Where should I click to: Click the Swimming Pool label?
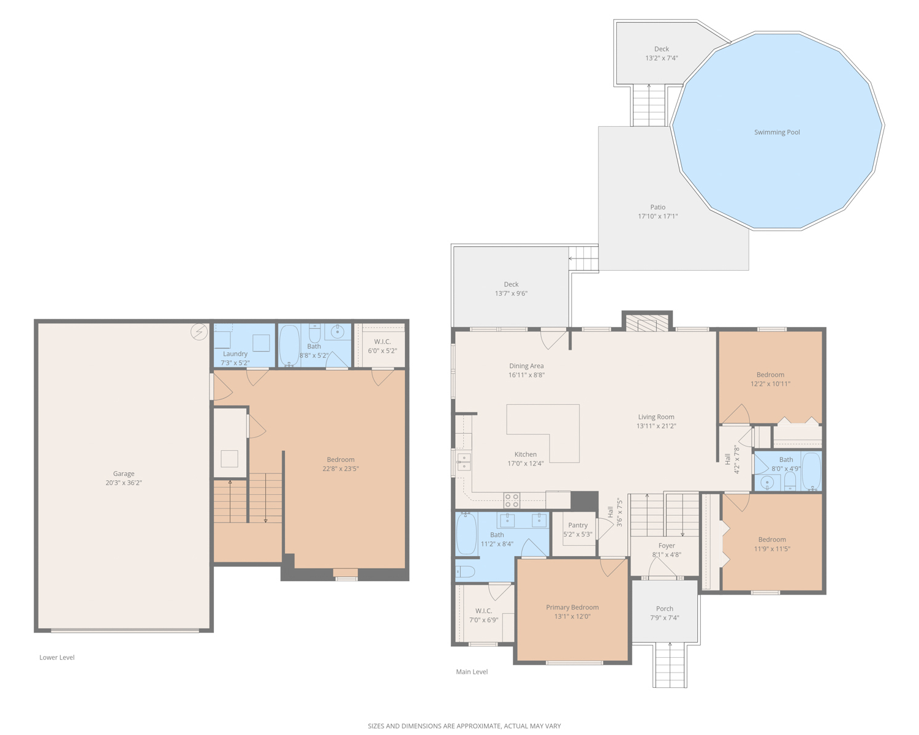[777, 132]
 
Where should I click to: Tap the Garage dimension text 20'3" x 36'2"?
[124, 483]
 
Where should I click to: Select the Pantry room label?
[578, 526]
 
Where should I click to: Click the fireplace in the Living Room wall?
[646, 324]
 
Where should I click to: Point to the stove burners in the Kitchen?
[512, 500]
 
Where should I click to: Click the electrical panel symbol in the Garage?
[199, 331]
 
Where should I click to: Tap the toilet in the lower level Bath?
[314, 333]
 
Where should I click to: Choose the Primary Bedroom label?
[572, 608]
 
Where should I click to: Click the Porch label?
[665, 609]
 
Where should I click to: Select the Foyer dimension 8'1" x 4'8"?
[667, 555]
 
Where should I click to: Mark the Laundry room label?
[235, 353]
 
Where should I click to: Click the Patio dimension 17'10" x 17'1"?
[657, 216]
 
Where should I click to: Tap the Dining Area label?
[526, 366]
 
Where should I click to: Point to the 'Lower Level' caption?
[57, 657]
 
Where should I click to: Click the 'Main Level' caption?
[472, 672]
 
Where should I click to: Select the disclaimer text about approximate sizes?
[464, 726]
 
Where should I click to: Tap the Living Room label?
[656, 417]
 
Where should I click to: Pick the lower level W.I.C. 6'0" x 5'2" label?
[383, 346]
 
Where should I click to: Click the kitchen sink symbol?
[464, 462]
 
